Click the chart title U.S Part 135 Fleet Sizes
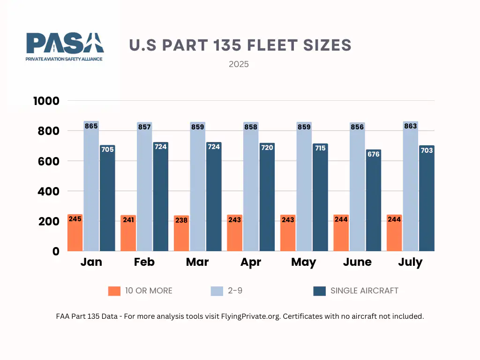click(x=240, y=45)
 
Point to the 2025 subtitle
click(x=239, y=64)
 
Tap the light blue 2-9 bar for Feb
click(x=144, y=187)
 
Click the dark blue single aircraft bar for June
click(x=374, y=202)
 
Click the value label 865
click(x=91, y=126)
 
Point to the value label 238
click(x=181, y=220)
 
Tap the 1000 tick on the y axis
click(x=46, y=101)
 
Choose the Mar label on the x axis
click(x=197, y=262)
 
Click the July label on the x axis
click(x=410, y=262)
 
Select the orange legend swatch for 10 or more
click(x=114, y=291)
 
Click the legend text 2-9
click(x=236, y=291)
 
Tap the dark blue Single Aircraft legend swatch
click(x=319, y=291)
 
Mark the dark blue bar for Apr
click(x=267, y=199)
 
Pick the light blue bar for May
click(x=304, y=187)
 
